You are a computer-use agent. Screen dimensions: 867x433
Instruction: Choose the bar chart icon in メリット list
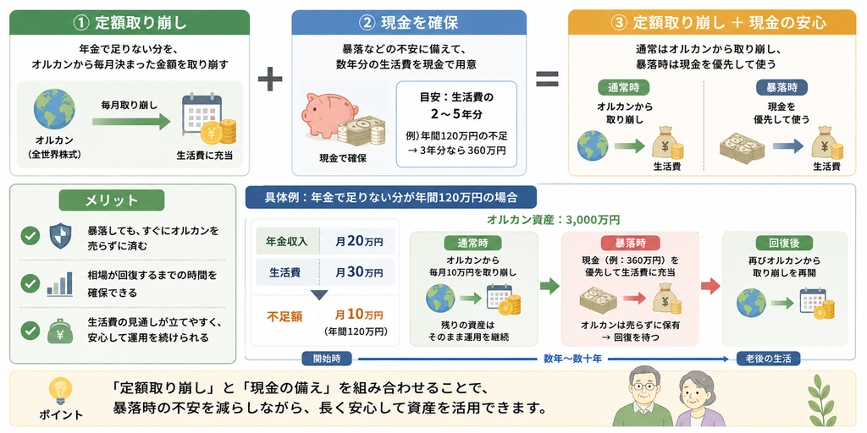tap(60, 282)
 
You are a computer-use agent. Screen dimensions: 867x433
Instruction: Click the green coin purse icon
tap(60, 330)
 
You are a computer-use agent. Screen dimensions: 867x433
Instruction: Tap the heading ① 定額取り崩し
tap(130, 23)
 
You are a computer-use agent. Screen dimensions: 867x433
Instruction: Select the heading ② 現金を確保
tap(407, 23)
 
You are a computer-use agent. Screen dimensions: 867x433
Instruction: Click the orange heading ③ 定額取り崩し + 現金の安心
tap(713, 23)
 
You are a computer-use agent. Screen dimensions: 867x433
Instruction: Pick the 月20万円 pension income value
tap(359, 241)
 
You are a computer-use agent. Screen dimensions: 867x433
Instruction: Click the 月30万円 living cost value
tap(359, 272)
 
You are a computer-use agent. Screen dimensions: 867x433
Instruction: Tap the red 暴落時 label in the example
tap(630, 243)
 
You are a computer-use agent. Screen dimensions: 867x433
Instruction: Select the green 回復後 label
tap(784, 243)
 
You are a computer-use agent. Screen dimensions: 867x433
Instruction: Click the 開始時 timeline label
tap(328, 359)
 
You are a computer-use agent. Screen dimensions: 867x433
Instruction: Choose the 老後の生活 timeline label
tap(768, 359)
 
